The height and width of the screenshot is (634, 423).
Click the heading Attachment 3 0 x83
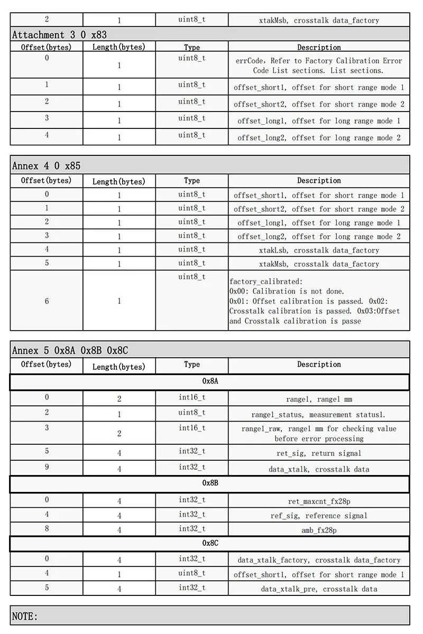59,35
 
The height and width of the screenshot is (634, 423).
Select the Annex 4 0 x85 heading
47,166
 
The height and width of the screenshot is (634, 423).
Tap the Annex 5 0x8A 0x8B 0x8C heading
70,350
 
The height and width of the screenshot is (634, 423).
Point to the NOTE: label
25,617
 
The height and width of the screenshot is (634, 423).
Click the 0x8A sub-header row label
210,380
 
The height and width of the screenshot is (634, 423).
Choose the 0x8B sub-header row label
210,483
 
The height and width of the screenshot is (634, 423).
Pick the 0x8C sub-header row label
210,543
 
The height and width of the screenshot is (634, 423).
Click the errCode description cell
319,66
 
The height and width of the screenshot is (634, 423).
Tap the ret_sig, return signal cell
319,453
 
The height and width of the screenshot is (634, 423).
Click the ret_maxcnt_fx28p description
319,501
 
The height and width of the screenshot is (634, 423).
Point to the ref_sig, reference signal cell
319,516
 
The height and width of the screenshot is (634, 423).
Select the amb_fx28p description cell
319,530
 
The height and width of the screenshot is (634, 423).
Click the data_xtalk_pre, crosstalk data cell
319,589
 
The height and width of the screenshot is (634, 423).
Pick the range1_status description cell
319,415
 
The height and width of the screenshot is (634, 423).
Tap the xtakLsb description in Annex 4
319,250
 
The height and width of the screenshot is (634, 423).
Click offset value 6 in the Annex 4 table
47,301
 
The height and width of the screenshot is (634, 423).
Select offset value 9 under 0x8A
47,467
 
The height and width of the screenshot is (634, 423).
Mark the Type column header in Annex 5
192,365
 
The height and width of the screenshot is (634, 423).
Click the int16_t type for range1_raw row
192,428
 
